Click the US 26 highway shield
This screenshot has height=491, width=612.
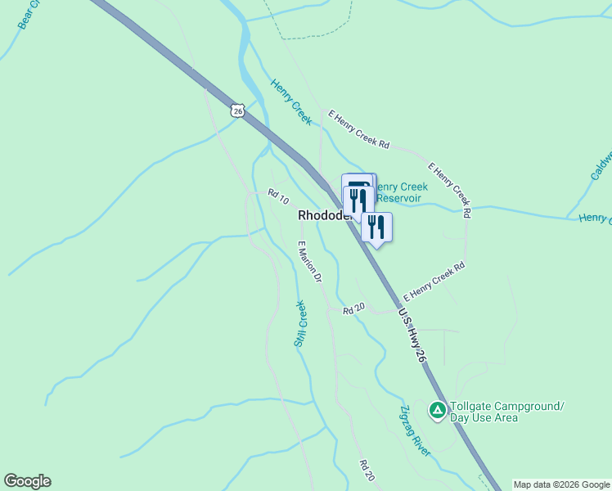point(237,110)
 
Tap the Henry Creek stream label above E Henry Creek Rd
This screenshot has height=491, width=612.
point(291,101)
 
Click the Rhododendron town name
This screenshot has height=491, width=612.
point(324,215)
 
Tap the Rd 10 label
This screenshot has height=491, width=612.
point(278,197)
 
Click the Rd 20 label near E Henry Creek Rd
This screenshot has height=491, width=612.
point(353,309)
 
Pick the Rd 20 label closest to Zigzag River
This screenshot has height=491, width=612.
point(367,470)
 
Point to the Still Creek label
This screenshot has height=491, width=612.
point(300,323)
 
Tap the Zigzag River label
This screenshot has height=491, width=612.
point(415,430)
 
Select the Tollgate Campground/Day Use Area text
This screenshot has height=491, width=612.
point(496,412)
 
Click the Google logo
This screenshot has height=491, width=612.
point(27,481)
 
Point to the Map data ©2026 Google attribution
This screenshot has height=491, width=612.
point(561,484)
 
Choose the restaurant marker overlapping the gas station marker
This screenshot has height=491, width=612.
point(358,200)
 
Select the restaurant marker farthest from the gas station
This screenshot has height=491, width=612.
point(376,226)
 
